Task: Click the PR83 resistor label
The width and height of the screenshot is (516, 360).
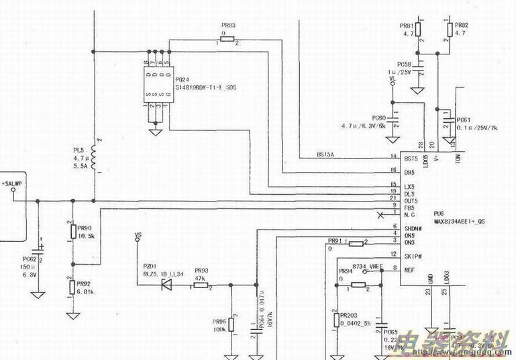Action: (x=227, y=26)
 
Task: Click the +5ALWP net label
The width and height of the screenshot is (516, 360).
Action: (x=12, y=183)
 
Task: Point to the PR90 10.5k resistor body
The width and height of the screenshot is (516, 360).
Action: (x=71, y=232)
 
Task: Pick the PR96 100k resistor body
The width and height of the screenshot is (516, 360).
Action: (x=231, y=325)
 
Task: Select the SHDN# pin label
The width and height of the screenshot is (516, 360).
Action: (x=413, y=228)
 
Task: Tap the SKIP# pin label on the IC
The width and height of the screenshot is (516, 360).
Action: (x=412, y=257)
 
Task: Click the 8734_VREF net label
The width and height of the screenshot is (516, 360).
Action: (x=367, y=267)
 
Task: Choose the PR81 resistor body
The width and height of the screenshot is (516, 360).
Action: (x=417, y=29)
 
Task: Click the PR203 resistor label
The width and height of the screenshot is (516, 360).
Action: (x=348, y=314)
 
